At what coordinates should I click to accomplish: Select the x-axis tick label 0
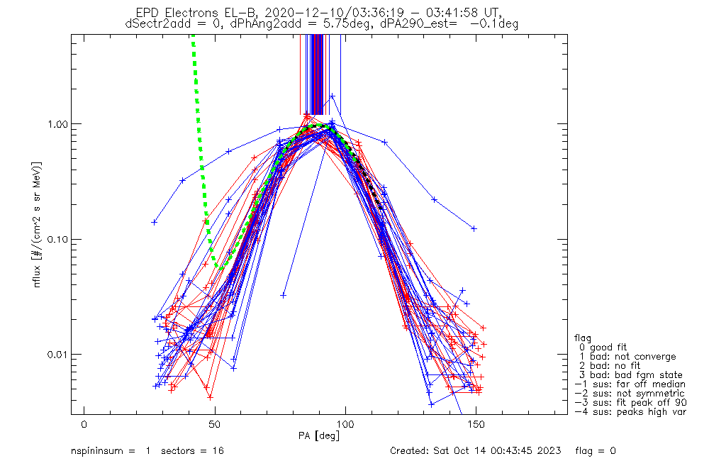84,425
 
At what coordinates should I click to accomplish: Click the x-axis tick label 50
215,425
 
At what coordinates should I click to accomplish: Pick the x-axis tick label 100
345,425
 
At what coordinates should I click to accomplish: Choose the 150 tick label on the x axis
476,425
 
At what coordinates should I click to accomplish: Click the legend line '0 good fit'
603,347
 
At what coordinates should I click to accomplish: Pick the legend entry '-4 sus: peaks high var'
630,411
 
